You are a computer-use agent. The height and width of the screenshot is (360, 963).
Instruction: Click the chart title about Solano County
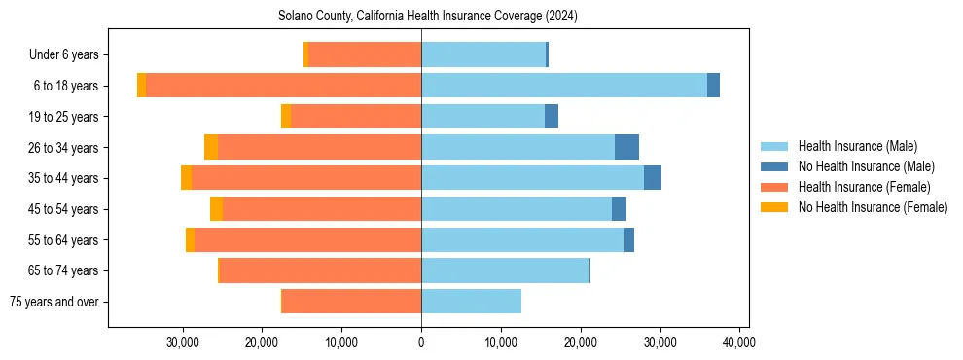(428, 16)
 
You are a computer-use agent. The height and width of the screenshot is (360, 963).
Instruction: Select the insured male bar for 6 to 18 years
(564, 86)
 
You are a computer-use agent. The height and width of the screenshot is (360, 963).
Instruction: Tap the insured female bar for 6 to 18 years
(283, 86)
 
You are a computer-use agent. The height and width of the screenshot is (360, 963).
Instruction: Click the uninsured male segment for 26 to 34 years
(626, 147)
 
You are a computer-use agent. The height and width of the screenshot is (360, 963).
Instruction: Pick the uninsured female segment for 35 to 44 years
(186, 178)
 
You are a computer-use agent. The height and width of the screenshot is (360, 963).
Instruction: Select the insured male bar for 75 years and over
(471, 302)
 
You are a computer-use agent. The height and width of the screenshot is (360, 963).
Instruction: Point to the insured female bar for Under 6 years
(365, 54)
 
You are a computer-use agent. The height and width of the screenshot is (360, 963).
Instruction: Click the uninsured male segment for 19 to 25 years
(552, 117)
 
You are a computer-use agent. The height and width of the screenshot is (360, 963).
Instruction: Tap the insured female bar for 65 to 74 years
(321, 270)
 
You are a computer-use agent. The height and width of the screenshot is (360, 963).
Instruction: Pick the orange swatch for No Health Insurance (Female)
(774, 207)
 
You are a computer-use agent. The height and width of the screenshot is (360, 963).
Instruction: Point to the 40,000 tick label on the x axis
(739, 342)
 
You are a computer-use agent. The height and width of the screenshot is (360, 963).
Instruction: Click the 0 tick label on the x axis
(421, 342)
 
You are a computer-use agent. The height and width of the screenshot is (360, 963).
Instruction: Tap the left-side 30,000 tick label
(183, 342)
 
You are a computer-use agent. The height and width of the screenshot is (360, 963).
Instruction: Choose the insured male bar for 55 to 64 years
(522, 239)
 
